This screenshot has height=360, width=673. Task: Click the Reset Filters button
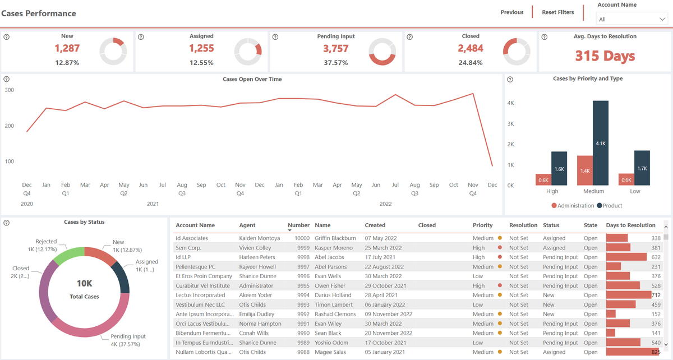tap(557, 12)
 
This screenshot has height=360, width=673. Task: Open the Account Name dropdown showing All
tap(631, 19)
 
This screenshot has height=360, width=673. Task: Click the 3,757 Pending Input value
tap(335, 49)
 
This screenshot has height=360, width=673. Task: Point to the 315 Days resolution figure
tap(605, 56)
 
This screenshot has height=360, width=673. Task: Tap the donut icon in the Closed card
tap(517, 52)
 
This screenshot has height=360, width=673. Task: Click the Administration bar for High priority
tap(543, 179)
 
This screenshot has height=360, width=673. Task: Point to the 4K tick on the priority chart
tap(511, 103)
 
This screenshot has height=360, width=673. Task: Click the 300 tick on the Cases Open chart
tap(9, 90)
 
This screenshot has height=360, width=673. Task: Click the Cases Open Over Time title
tap(252, 79)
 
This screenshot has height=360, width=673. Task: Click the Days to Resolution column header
tap(630, 225)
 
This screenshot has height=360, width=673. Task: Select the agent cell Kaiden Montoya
tap(259, 238)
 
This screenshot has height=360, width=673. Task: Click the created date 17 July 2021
tap(384, 257)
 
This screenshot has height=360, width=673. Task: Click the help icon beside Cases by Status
tap(6, 223)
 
